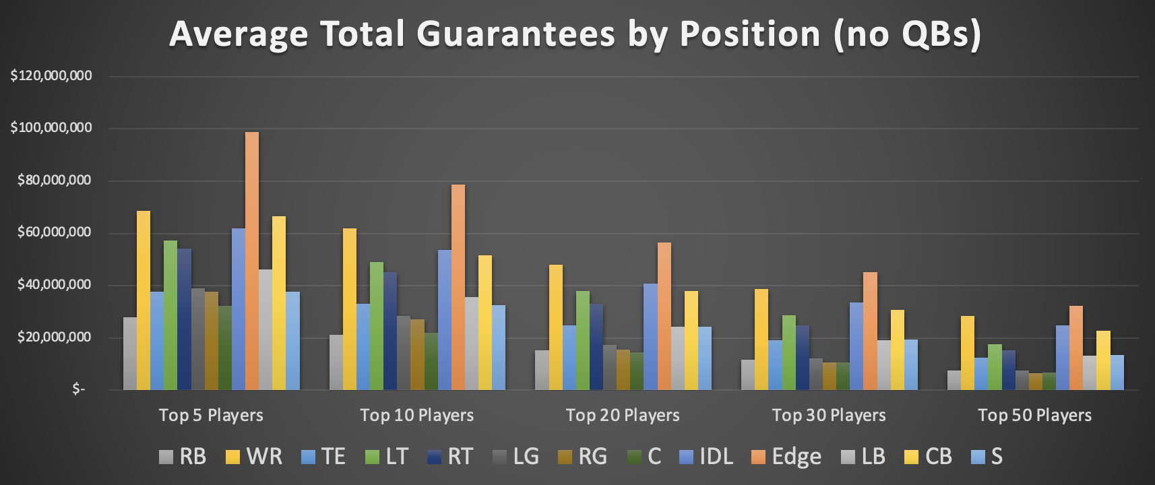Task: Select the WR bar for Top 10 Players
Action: pyautogui.click(x=350, y=309)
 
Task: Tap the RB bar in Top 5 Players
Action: pyautogui.click(x=130, y=354)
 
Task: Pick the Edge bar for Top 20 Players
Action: pyautogui.click(x=664, y=316)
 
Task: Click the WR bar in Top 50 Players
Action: pyautogui.click(x=968, y=353)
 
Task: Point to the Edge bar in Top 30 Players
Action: pyautogui.click(x=870, y=331)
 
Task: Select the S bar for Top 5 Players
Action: pyautogui.click(x=292, y=341)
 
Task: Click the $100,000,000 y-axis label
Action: pyautogui.click(x=51, y=128)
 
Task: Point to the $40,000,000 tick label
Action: pyautogui.click(x=54, y=285)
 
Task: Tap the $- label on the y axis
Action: pyautogui.click(x=79, y=389)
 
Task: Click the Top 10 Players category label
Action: pyautogui.click(x=416, y=415)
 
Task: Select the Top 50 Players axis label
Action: pyautogui.click(x=1034, y=415)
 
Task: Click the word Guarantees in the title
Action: pyautogui.click(x=516, y=34)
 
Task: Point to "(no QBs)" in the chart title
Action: pyautogui.click(x=907, y=34)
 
